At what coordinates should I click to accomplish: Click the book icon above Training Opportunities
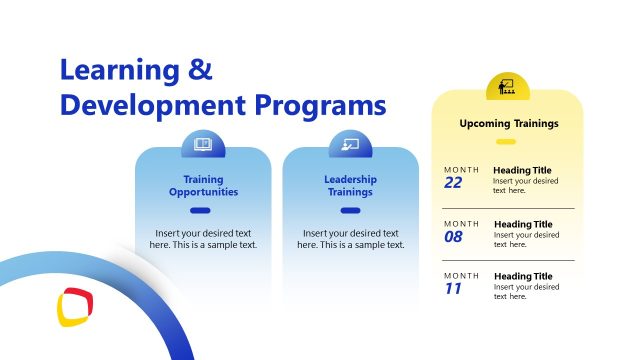[203, 144]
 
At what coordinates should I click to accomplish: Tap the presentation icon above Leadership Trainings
[350, 144]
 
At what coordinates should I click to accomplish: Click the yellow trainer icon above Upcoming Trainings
[507, 86]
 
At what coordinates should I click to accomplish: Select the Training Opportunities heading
[203, 185]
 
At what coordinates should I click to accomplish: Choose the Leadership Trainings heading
[350, 185]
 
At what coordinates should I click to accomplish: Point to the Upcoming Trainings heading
[508, 124]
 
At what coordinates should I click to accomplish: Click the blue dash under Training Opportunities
[200, 210]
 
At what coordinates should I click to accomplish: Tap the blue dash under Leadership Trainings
[350, 210]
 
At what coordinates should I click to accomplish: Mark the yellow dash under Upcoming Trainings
[506, 142]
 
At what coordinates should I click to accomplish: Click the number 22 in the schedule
[453, 183]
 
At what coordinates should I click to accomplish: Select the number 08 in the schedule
[454, 237]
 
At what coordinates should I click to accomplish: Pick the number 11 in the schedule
[452, 289]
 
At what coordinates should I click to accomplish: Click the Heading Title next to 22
[522, 170]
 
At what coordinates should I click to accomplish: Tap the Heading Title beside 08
[523, 224]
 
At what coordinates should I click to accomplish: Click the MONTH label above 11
[462, 275]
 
